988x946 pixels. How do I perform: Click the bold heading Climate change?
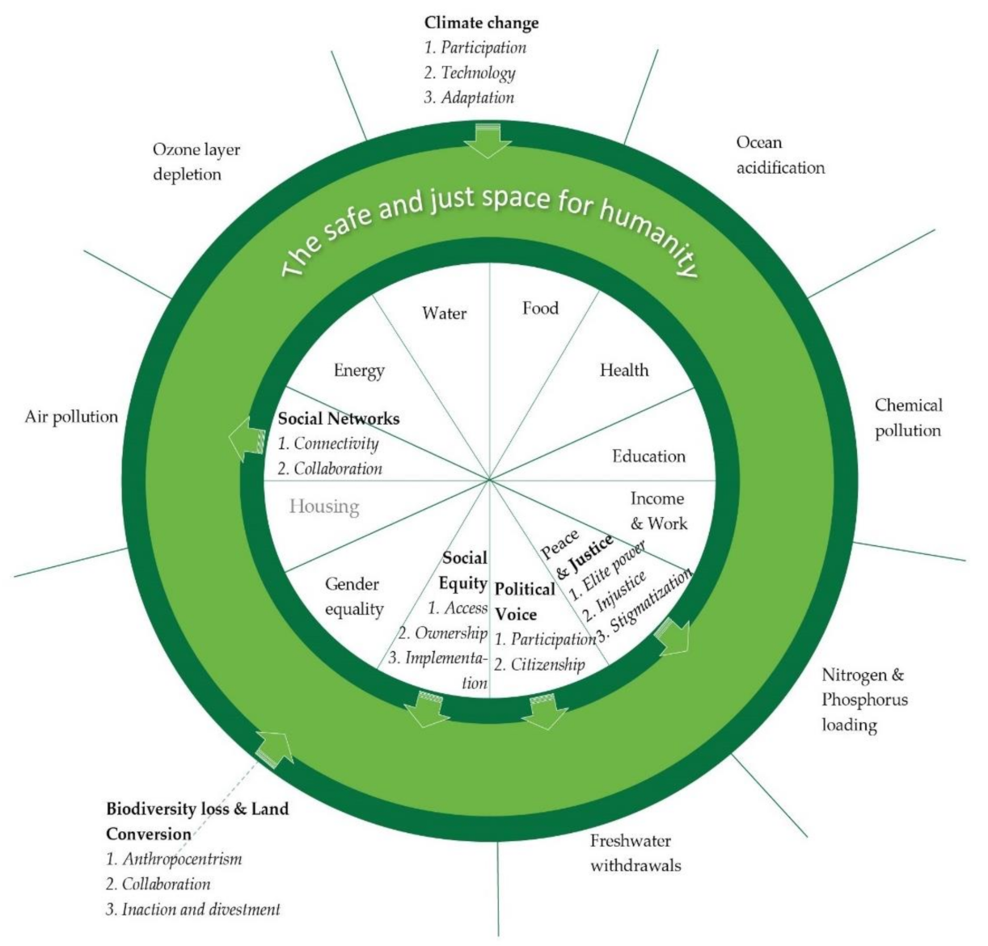pyautogui.click(x=481, y=23)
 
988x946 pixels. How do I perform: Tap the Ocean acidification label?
pyautogui.click(x=779, y=155)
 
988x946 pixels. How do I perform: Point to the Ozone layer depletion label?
pyautogui.click(x=196, y=162)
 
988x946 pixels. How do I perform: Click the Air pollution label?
pyautogui.click(x=71, y=417)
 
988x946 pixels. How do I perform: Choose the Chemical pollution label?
pyautogui.click(x=908, y=418)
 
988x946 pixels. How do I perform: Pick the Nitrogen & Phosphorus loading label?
pyautogui.click(x=863, y=700)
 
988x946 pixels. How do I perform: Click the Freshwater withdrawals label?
pyautogui.click(x=635, y=853)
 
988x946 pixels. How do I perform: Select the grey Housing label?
pyautogui.click(x=324, y=507)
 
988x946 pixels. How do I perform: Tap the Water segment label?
pyautogui.click(x=444, y=313)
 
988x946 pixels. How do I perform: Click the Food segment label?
pyautogui.click(x=540, y=308)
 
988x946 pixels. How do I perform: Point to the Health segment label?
pyautogui.click(x=623, y=370)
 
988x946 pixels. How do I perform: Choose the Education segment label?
pyautogui.click(x=648, y=456)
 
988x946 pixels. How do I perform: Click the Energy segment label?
pyautogui.click(x=359, y=371)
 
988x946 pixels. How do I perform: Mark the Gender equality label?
pyautogui.click(x=353, y=596)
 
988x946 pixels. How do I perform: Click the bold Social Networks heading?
pyautogui.click(x=338, y=418)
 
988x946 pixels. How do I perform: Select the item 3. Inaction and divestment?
pyautogui.click(x=193, y=910)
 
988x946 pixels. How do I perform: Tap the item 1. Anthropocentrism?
pyautogui.click(x=174, y=859)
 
